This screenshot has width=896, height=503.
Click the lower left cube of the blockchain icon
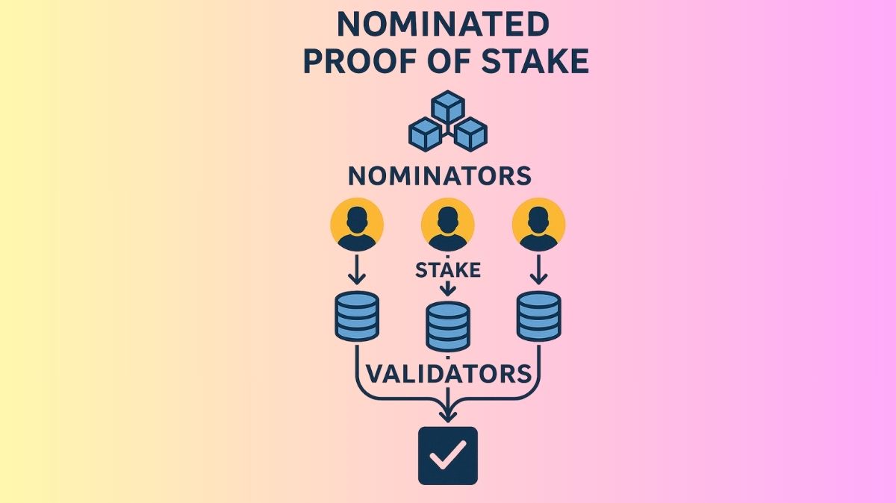coord(426,133)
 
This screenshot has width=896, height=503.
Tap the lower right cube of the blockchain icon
coord(470,133)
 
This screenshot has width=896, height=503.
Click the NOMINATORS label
coord(440,176)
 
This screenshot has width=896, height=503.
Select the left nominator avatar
coord(357,224)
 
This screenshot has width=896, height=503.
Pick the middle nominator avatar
coord(448,224)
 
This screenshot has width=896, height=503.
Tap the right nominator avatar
coord(538,224)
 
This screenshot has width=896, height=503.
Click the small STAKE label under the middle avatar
coord(448,269)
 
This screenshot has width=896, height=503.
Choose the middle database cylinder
coord(448,327)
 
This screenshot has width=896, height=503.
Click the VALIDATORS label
coord(448,372)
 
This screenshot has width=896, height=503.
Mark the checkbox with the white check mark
coord(448,454)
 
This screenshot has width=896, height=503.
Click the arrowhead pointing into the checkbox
coord(448,414)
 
